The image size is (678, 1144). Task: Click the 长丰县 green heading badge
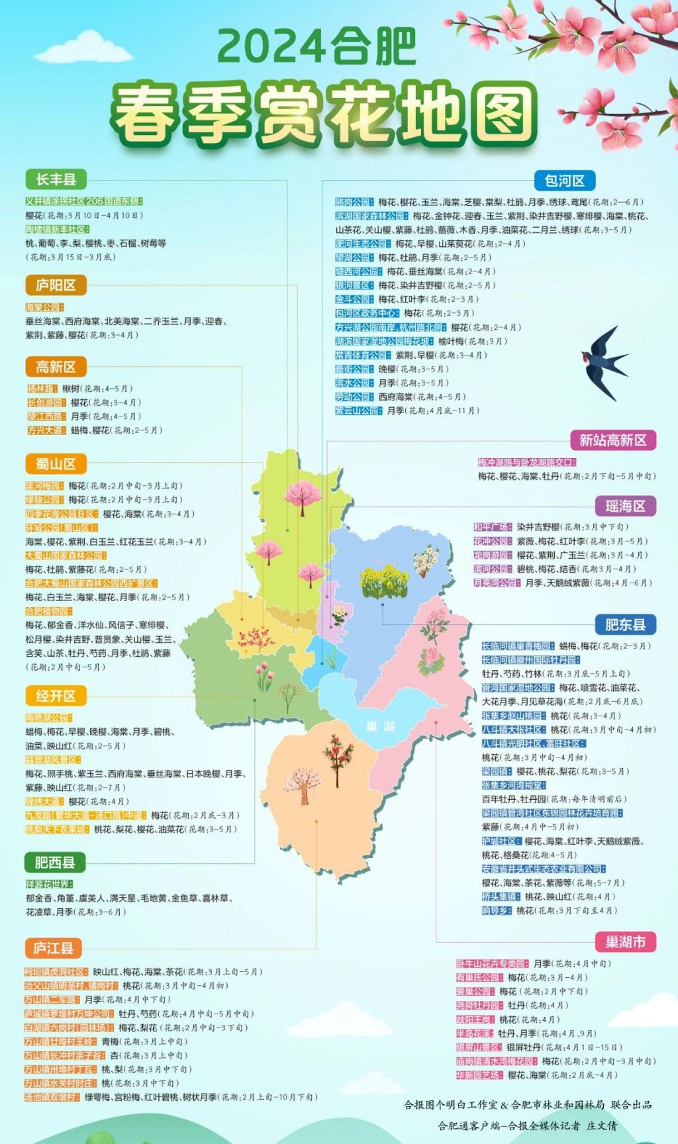pyautogui.click(x=56, y=179)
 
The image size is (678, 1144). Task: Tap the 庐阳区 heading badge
pyautogui.click(x=56, y=285)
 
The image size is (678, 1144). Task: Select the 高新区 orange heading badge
pyautogui.click(x=56, y=367)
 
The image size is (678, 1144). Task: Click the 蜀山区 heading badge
pyautogui.click(x=56, y=463)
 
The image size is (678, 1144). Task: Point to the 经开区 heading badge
pyautogui.click(x=56, y=696)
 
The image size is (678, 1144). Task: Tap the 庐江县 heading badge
pyautogui.click(x=54, y=948)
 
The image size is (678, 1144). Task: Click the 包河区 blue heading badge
pyautogui.click(x=565, y=180)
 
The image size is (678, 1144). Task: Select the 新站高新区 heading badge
pyautogui.click(x=613, y=440)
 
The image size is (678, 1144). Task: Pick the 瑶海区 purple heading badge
pyautogui.click(x=625, y=506)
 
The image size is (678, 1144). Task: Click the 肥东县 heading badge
pyautogui.click(x=625, y=624)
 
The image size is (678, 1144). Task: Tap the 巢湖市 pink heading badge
pyautogui.click(x=625, y=941)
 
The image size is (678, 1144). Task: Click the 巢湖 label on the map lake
pyautogui.click(x=381, y=726)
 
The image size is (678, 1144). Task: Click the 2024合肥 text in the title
pyautogui.click(x=316, y=46)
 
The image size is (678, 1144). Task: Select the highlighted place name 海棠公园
pyautogui.click(x=44, y=307)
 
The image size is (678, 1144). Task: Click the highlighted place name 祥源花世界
pyautogui.click(x=49, y=884)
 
